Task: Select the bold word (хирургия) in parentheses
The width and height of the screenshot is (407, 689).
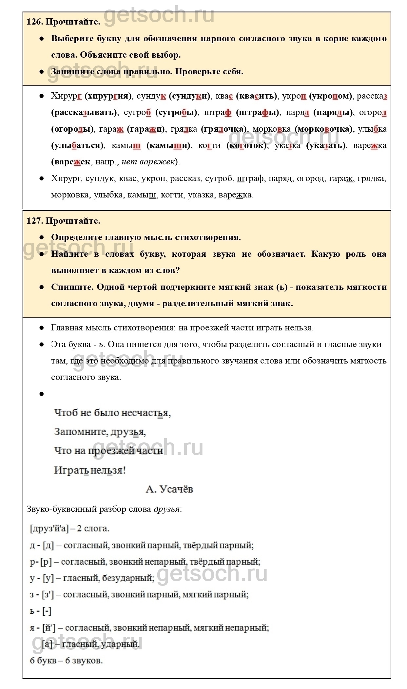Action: click(x=108, y=96)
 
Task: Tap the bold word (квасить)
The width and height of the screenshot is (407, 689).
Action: click(x=257, y=96)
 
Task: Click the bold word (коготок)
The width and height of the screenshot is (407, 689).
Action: click(x=247, y=145)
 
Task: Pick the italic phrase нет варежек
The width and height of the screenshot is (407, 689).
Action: click(x=148, y=162)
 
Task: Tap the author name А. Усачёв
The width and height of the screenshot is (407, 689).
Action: click(x=169, y=489)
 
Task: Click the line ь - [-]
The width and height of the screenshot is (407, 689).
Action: click(x=41, y=611)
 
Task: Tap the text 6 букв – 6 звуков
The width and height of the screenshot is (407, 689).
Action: click(x=66, y=660)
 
